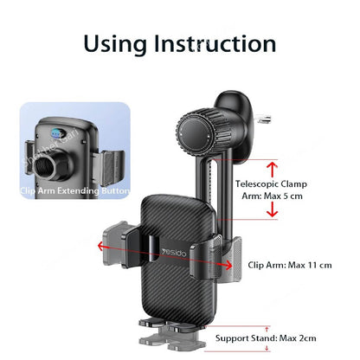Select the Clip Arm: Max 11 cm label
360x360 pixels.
point(289,266)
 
